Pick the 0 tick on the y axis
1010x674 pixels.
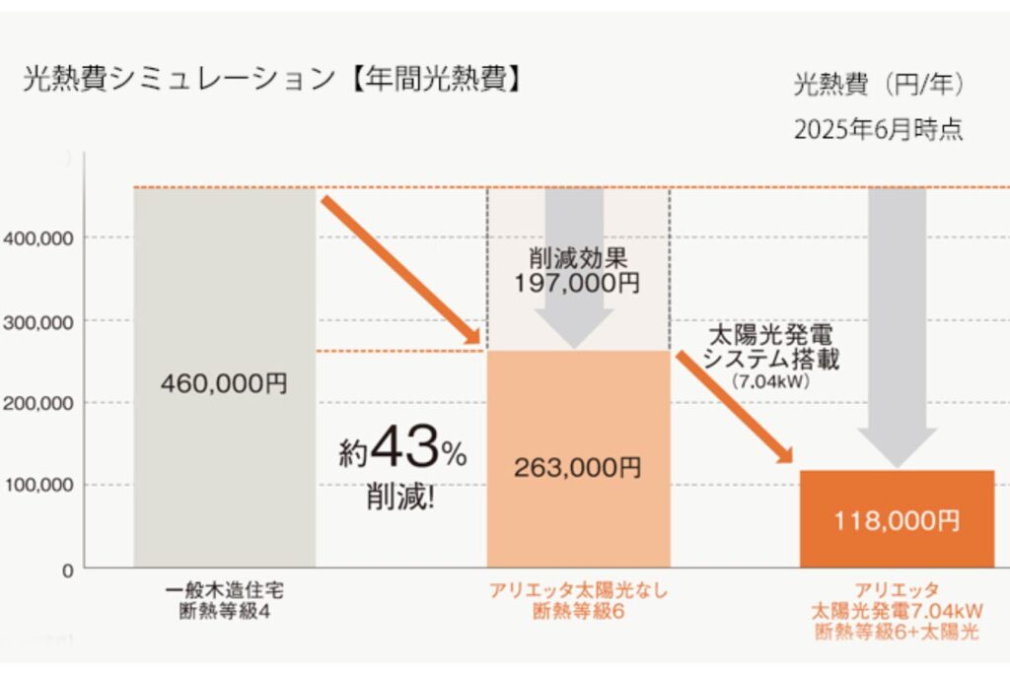[65, 569]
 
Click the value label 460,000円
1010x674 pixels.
[225, 382]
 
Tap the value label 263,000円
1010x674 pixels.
[577, 467]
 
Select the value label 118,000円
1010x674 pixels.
[896, 520]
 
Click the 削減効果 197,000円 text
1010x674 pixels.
[577, 269]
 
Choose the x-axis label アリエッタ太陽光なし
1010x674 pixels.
[578, 591]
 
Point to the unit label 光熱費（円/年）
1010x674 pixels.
[879, 85]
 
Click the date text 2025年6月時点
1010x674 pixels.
[878, 130]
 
